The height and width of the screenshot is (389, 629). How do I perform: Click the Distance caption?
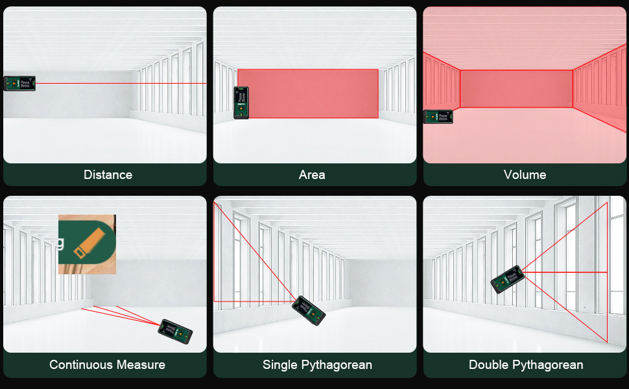coord(108,175)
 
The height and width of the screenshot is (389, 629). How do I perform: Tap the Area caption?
coord(312,175)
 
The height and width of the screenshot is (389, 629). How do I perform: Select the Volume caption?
coord(525,175)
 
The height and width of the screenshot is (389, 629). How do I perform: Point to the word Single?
coord(279,365)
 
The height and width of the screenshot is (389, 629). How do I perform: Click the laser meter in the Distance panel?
coord(19,83)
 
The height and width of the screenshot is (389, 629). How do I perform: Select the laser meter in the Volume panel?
coord(439,117)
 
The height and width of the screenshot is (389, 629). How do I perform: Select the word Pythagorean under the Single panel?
coord(331,365)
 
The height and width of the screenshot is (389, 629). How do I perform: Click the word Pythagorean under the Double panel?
coord(548,365)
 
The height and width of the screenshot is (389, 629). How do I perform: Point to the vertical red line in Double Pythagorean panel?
coord(607,272)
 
